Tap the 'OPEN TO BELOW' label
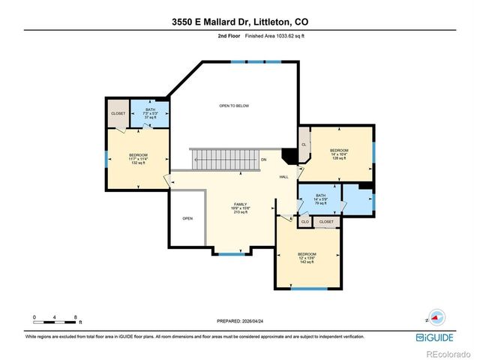point(234,106)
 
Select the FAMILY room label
point(240,207)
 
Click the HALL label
point(283,177)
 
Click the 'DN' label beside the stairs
point(263,160)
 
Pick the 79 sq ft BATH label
point(320,199)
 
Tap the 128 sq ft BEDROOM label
point(338,154)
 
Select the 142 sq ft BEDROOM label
point(307,257)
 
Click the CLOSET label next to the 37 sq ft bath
point(118,113)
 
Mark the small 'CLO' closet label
point(305,222)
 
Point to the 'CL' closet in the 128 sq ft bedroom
point(304,144)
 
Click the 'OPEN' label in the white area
point(187,218)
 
